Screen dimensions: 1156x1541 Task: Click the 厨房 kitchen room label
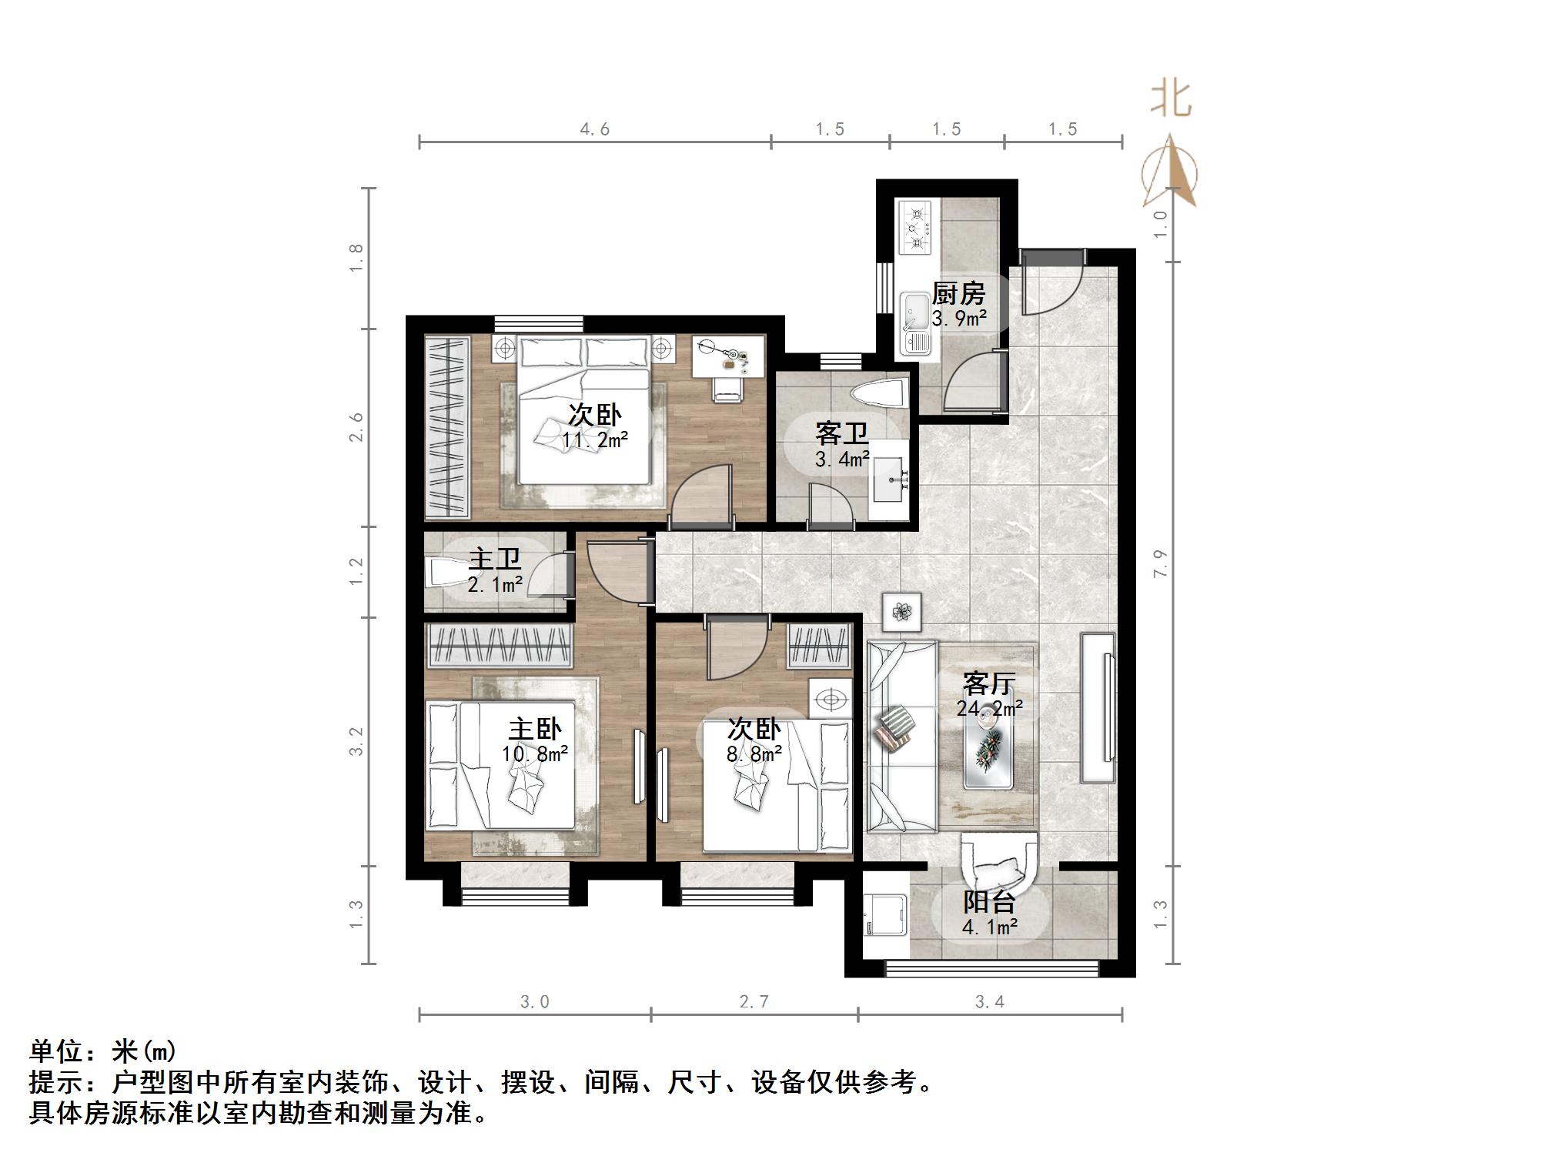pyautogui.click(x=958, y=294)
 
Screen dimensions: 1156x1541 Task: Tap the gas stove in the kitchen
pyautogui.click(x=914, y=226)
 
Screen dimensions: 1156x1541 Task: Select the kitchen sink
pyautogui.click(x=915, y=323)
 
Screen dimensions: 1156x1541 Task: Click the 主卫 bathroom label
pyautogui.click(x=495, y=560)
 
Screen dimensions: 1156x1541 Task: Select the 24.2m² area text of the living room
pyautogui.click(x=989, y=708)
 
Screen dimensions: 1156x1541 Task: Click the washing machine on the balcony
pyautogui.click(x=885, y=916)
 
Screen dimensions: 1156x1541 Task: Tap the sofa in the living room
pyautogui.click(x=901, y=737)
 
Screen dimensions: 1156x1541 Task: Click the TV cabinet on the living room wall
pyautogui.click(x=1098, y=707)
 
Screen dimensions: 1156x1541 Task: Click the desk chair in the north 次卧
pyautogui.click(x=727, y=388)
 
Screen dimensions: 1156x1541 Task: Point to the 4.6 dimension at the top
pyautogui.click(x=594, y=129)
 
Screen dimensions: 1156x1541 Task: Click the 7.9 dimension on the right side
pyautogui.click(x=1162, y=563)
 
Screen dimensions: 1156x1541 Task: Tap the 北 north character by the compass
pyautogui.click(x=1171, y=100)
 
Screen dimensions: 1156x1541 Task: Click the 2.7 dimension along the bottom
pyautogui.click(x=754, y=1002)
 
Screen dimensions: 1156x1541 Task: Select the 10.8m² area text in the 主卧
pyautogui.click(x=535, y=754)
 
